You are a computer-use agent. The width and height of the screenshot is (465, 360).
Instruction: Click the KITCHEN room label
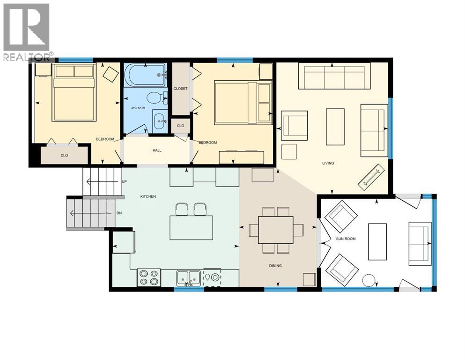coord(148,196)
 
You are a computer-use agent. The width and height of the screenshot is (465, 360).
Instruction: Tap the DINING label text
coord(275,266)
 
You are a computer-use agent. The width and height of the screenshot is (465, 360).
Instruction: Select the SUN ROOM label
coord(346,239)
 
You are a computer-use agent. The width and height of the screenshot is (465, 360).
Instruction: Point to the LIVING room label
coord(328,163)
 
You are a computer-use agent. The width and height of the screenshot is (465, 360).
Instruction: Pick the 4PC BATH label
coord(138,108)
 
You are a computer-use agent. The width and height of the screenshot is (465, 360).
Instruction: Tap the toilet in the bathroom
coord(155,98)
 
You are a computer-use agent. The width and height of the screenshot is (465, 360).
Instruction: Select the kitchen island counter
coord(191,227)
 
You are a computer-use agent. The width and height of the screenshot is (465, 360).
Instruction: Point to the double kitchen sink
coord(189,277)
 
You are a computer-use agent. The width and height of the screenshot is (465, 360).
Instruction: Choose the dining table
coord(275,230)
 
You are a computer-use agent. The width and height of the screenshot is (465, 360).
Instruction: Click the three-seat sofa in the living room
coord(334,77)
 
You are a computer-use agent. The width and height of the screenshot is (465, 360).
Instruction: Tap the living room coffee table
coord(335,127)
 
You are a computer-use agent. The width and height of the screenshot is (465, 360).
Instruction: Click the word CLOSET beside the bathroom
coord(180,89)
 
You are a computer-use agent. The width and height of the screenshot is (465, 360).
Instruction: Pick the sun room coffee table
coord(377,241)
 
